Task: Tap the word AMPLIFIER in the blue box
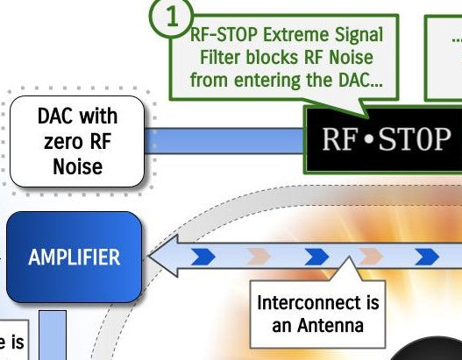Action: pos(74,258)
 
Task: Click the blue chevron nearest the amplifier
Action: pos(203,257)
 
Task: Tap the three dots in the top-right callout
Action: pos(457,39)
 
